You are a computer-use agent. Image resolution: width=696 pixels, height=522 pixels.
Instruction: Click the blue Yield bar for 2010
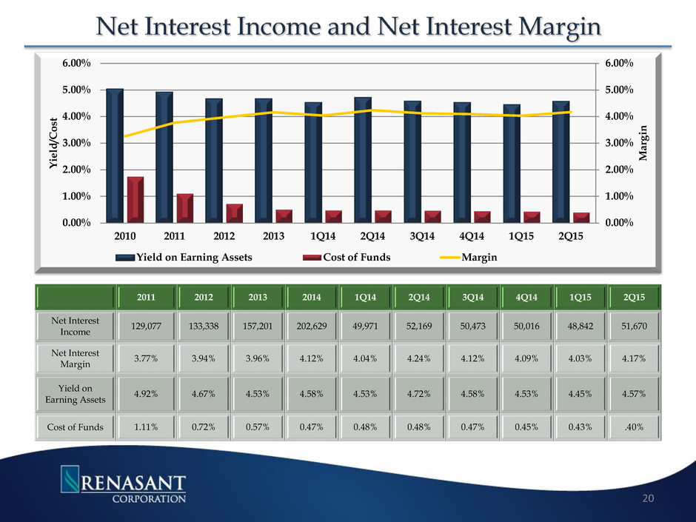coord(115,155)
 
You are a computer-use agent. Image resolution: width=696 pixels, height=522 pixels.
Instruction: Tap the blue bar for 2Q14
coord(363,160)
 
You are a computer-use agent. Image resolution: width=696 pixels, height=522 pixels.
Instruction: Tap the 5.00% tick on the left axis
coord(77,90)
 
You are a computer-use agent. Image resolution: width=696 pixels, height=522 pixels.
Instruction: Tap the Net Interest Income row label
coord(73,328)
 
